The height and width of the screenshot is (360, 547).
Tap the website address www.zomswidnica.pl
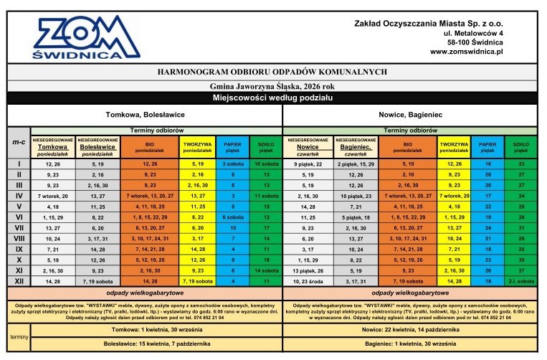pos(467,52)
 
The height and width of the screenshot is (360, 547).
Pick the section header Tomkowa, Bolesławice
pos(146,115)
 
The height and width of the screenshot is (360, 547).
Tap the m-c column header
pos(19,143)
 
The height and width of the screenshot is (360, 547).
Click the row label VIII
pos(19,238)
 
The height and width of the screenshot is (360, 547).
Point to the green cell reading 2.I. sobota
pos(520,281)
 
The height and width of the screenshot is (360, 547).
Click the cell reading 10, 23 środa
pos(308,281)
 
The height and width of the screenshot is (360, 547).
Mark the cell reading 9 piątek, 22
pos(308,164)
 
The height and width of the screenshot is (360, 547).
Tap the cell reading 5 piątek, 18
pos(356,217)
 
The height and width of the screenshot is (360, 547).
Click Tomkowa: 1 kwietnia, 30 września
pos(146,328)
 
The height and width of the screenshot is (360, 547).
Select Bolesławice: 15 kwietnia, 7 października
pos(146,345)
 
